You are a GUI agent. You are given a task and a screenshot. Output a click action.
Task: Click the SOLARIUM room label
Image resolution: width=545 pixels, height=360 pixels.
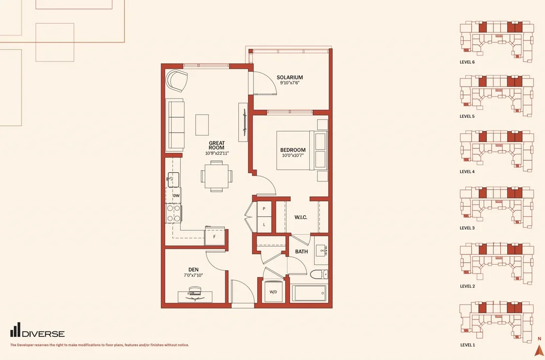pos(289,77)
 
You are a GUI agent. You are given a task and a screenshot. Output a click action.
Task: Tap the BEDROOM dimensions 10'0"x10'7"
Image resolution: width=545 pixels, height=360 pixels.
pos(293,156)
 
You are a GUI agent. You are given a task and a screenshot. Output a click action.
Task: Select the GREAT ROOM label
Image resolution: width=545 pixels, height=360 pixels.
pos(217,145)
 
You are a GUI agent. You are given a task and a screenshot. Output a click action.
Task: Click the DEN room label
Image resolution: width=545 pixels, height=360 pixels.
pos(194,270)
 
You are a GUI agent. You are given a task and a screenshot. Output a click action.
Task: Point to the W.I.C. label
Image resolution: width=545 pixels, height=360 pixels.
pos(301,217)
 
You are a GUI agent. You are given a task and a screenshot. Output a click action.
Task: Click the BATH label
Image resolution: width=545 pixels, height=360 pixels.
pos(301,252)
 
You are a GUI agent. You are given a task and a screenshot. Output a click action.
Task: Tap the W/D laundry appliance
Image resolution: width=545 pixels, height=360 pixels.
pos(273,291)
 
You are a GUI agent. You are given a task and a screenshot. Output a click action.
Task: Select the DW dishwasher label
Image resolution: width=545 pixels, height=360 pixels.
pos(176,196)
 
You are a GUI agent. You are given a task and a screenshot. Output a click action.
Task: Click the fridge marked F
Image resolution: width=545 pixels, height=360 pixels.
pos(215,236)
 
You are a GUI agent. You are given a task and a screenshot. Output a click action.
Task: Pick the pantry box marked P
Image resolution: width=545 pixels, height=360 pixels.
pos(264,209)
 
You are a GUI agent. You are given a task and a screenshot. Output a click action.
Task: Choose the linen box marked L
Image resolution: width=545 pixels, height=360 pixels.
pos(264,224)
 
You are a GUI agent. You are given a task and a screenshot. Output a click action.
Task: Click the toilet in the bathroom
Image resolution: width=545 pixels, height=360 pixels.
pos(319,274)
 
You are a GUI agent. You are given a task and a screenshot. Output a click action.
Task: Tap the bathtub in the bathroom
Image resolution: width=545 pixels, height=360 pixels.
pos(309,294)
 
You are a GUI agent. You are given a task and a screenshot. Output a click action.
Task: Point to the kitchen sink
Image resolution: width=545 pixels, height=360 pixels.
pos(173,180)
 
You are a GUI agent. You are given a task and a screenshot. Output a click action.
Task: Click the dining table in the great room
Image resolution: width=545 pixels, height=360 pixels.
pos(216,176)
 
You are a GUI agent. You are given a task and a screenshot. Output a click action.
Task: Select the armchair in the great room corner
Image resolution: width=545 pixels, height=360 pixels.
pos(177,81)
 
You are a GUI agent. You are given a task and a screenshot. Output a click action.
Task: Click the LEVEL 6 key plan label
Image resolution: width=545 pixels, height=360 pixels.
pos(467,62)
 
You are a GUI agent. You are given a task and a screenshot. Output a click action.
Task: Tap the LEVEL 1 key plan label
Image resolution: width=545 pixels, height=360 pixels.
pos(467,345)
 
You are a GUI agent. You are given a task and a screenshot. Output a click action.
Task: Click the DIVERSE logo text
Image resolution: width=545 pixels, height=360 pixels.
pos(43,334)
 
